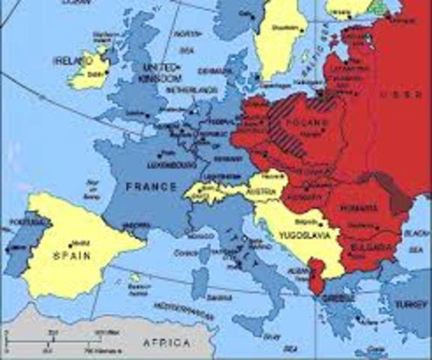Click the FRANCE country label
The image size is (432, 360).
click(x=151, y=186)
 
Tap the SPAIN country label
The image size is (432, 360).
click(x=71, y=256)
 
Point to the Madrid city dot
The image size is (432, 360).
click(x=70, y=244)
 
